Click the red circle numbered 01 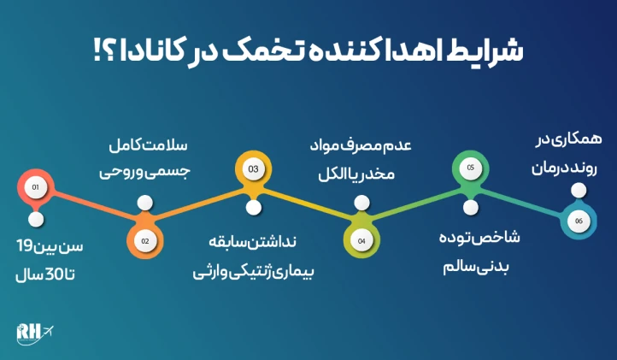[35, 186]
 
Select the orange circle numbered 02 [144, 240]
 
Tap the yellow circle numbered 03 [253, 170]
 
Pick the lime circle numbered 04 [361, 240]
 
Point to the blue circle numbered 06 [579, 221]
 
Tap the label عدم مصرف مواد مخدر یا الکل [361, 156]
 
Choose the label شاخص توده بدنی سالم [469, 252]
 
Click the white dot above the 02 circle [144, 204]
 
